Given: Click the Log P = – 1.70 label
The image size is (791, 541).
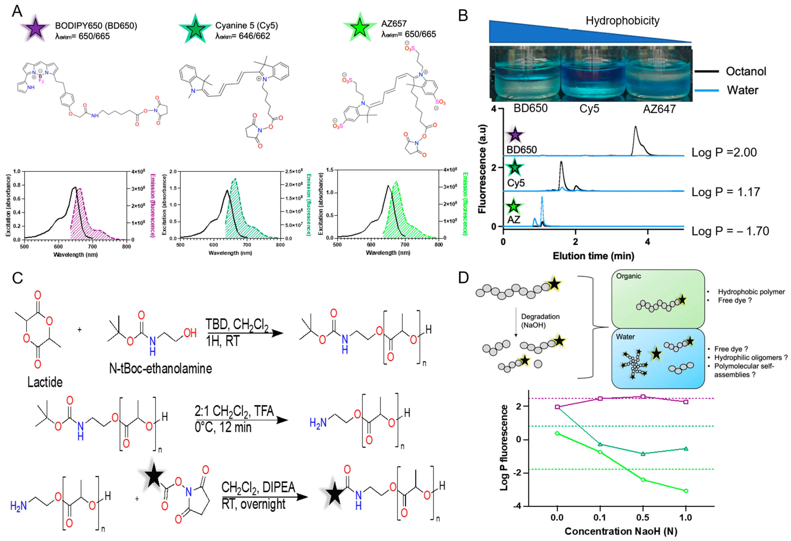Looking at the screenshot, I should tap(730, 231).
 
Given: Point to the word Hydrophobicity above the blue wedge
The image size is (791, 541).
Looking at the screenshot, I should tap(622, 21).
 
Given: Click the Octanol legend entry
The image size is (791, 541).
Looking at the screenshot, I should tap(746, 71).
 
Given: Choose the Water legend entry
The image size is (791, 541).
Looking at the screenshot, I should tap(742, 90).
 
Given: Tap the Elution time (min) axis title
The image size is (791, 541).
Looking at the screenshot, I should tap(593, 256).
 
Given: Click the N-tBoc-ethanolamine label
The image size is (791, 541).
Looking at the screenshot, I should tap(160, 368).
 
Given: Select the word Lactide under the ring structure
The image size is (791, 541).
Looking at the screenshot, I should tap(45, 382).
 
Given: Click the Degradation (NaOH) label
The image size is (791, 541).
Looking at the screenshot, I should tap(540, 321).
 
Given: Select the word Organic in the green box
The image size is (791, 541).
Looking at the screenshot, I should tap(628, 276).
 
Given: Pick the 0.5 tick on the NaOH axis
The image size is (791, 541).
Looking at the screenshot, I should tap(643, 517).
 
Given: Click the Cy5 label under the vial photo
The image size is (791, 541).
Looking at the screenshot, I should tap(589, 109).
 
